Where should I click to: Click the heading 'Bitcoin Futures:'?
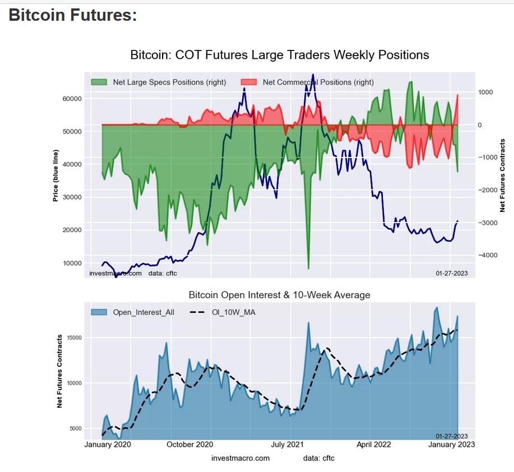(73, 15)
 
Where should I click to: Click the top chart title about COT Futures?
(279, 55)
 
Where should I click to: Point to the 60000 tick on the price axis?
(71, 99)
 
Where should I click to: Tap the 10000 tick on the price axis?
(71, 263)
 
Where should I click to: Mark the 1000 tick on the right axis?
(485, 92)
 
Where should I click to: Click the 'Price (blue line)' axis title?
(55, 175)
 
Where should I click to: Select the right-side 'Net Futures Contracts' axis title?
(503, 175)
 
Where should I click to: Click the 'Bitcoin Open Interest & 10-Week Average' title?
(279, 295)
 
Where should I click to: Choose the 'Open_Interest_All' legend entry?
(143, 312)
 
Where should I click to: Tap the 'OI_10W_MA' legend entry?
(234, 312)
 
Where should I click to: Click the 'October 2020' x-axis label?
(190, 445)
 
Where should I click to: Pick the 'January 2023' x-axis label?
(451, 445)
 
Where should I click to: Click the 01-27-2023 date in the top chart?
(451, 273)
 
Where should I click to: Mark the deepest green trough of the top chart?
(308, 269)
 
